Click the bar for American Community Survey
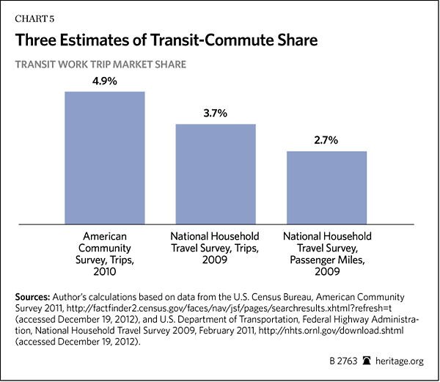(104, 158)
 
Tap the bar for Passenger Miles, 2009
(326, 188)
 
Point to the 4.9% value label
(104, 80)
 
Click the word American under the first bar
(104, 237)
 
